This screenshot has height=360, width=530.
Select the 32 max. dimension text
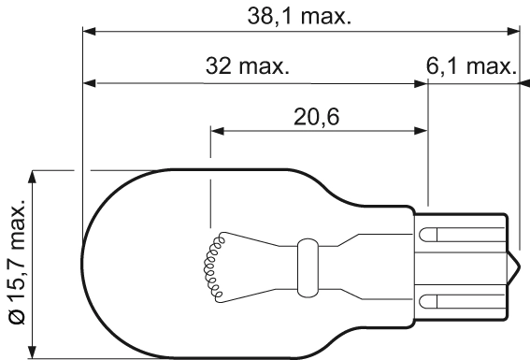click(247, 67)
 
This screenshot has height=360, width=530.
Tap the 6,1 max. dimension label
click(476, 67)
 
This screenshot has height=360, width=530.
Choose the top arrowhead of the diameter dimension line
click(34, 176)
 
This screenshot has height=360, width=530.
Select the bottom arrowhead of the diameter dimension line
click(34, 353)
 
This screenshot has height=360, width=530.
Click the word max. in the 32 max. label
click(264, 67)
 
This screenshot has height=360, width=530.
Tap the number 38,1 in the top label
click(266, 17)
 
